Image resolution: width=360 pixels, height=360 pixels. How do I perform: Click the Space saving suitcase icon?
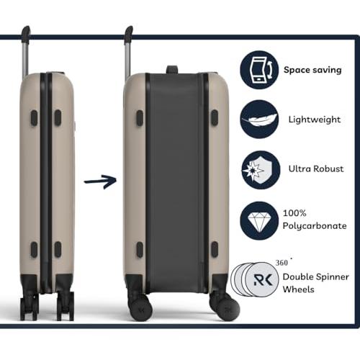point(259,70)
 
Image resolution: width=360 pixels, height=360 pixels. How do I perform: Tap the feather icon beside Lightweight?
point(259,120)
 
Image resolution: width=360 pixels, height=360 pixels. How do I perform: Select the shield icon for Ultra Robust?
point(261,170)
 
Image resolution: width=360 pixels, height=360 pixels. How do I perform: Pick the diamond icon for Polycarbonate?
point(259,220)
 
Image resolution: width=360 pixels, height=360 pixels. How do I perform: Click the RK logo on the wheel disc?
point(263,279)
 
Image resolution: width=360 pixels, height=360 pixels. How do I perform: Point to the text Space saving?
point(312,70)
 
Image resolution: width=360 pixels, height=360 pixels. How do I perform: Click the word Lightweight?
point(315,120)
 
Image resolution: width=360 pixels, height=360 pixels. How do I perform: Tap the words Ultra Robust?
point(316,168)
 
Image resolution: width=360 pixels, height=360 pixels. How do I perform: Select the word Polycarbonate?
point(315,226)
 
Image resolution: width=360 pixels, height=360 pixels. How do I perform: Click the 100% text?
point(294,213)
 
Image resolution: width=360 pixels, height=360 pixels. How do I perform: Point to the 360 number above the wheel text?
point(282,263)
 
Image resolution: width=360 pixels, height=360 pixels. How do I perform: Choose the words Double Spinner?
point(316,277)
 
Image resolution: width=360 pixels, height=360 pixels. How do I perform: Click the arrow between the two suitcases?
point(100,181)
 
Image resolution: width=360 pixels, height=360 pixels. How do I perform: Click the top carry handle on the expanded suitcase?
point(172,69)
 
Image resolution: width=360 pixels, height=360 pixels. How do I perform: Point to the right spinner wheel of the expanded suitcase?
point(225,307)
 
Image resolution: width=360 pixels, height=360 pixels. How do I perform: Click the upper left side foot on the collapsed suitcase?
point(34,118)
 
